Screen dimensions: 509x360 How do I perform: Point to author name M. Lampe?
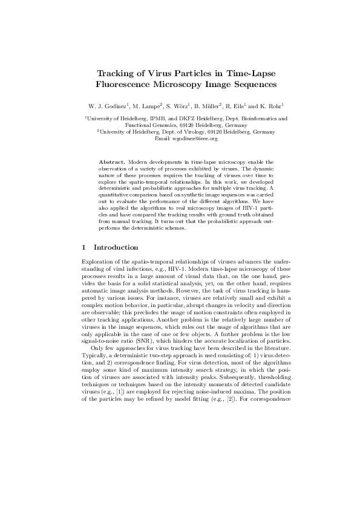[x=147, y=105]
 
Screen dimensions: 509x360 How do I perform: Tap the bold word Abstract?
[x=112, y=162]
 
